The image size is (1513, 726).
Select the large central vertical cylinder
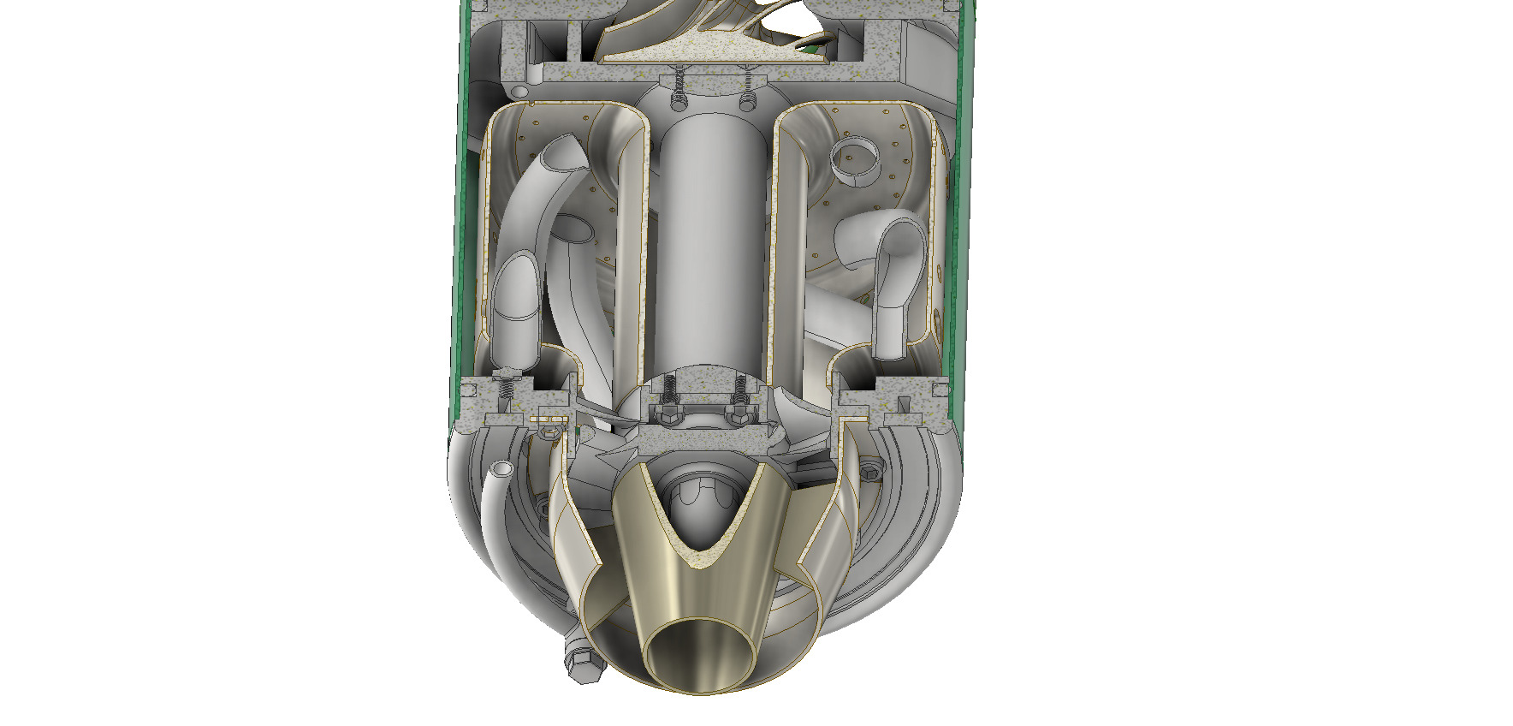[x=710, y=248]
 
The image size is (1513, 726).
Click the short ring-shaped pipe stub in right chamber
[x=855, y=161]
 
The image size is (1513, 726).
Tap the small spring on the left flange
[x=506, y=384]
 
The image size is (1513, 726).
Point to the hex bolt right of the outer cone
[x=872, y=470]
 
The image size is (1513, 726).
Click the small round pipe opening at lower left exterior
[x=500, y=469]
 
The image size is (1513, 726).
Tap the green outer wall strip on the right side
[x=958, y=214]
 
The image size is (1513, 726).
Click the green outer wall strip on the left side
[x=463, y=214]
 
